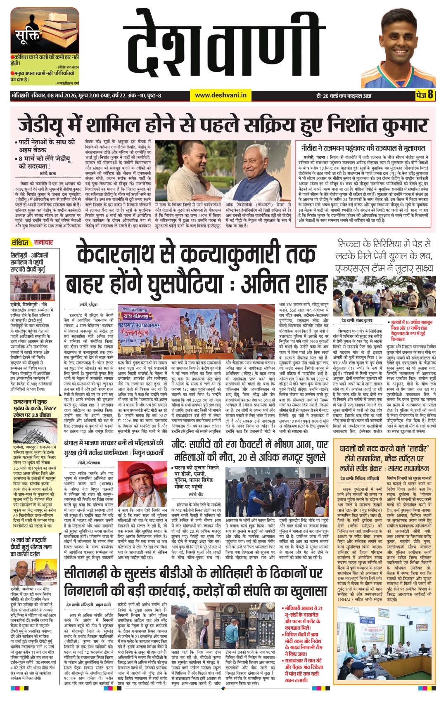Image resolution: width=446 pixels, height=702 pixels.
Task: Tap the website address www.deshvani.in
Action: [x=221, y=95]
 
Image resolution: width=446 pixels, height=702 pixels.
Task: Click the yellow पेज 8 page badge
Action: [x=425, y=95]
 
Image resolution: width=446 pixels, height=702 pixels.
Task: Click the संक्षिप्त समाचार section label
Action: [x=32, y=242]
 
